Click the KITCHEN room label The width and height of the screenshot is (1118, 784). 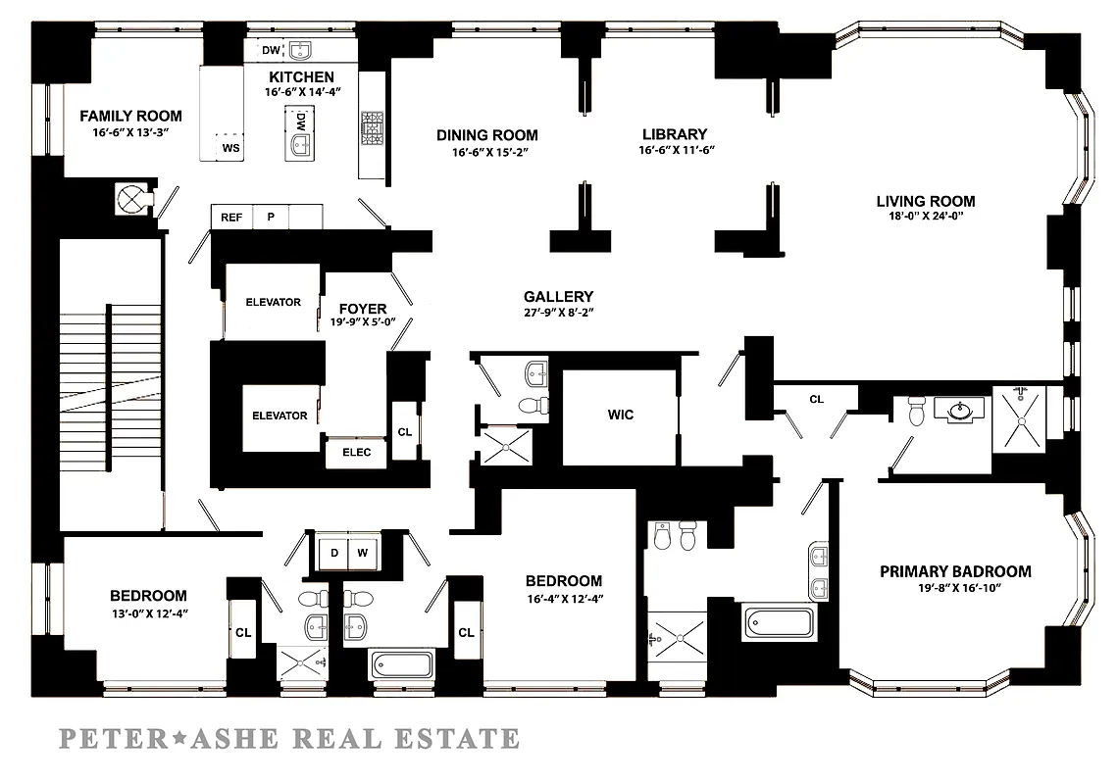coord(302,76)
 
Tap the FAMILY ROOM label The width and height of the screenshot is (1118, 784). coord(130,116)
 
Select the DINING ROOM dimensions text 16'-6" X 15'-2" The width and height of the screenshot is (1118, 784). coord(487,152)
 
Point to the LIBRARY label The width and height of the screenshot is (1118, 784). coord(674,134)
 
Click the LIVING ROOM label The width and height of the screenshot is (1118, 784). coord(926,202)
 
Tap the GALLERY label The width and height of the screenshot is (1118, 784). coord(558,296)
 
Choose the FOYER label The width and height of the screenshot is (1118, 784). coord(363,310)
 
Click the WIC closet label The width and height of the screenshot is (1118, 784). coord(621,415)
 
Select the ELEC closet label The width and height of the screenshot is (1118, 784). coord(356,453)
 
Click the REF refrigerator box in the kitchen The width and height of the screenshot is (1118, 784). coord(231,218)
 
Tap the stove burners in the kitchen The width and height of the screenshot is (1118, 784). coord(373,128)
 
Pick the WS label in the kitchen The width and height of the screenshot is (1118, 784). coord(231,148)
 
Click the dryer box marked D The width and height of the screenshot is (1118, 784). coord(334,553)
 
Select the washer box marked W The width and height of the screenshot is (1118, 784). coord(363,553)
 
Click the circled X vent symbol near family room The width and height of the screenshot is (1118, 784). coord(130,199)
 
